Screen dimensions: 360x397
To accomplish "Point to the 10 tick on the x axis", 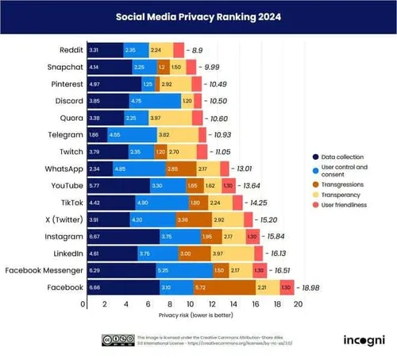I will (x=190, y=304).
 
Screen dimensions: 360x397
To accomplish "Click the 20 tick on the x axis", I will (x=298, y=304).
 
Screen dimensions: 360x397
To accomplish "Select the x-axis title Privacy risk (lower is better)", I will (x=191, y=315).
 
